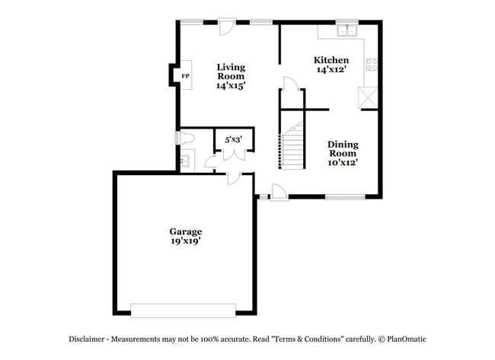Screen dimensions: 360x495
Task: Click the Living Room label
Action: point(230,77)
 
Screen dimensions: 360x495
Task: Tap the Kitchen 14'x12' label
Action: point(332,65)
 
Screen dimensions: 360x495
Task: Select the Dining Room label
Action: point(343,153)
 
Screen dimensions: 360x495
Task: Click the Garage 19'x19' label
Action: point(185,235)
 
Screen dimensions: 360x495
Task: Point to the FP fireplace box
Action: point(184,76)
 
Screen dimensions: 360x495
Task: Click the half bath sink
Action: point(184,161)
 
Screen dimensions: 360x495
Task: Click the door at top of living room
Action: point(226,26)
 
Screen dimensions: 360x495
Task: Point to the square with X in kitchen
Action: point(369,98)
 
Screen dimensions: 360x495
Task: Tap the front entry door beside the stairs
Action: point(279,194)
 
